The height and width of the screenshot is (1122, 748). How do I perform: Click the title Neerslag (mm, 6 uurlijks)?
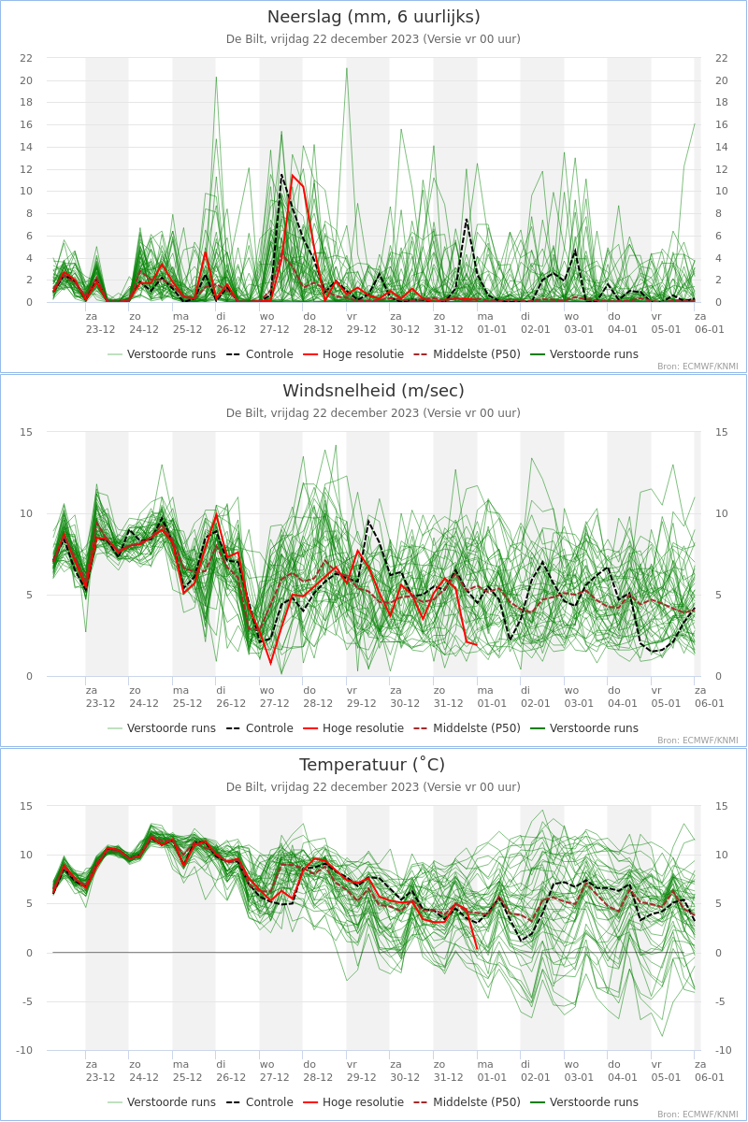[x=373, y=17]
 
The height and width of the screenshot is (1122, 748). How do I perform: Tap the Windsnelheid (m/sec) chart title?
[x=373, y=391]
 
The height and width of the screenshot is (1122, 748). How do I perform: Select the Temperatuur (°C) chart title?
[x=372, y=765]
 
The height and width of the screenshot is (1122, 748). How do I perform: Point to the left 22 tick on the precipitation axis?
[x=26, y=58]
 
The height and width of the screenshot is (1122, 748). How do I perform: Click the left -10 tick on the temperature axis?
[x=24, y=1050]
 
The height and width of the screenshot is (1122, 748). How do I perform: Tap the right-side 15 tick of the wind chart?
[x=722, y=432]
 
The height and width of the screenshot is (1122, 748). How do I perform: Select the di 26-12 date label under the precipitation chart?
[x=231, y=324]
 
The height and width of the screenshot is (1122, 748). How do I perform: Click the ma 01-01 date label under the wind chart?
[x=492, y=697]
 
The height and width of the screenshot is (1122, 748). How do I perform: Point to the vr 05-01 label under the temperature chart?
[x=666, y=1071]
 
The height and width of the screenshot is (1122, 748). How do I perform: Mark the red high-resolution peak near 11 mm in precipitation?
[x=293, y=176]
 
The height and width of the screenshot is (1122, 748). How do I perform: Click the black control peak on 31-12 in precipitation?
[x=466, y=220]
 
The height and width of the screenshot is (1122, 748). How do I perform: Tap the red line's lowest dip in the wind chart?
[x=270, y=664]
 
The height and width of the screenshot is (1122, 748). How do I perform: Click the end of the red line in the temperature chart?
[x=477, y=948]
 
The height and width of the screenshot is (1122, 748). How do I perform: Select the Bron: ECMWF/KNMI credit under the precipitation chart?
[x=698, y=367]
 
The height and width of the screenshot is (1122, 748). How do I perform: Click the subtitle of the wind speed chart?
[x=373, y=412]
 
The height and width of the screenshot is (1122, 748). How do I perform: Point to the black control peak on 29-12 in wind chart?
[x=368, y=521]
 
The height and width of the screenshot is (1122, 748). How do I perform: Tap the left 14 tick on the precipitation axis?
[x=26, y=147]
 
